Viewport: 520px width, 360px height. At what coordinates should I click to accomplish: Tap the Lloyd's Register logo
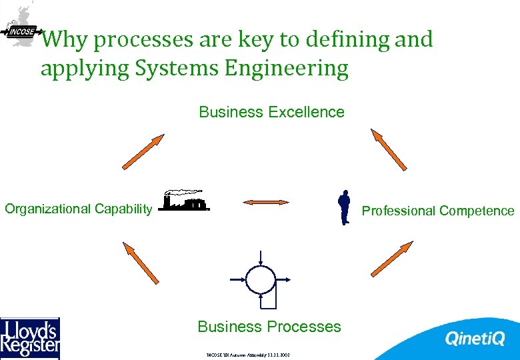click(x=30, y=338)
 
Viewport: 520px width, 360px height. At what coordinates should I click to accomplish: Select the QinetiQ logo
click(x=475, y=339)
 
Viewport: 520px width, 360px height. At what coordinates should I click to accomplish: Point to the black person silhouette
click(x=344, y=207)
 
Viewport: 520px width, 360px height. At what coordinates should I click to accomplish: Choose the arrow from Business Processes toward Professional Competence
click(x=391, y=259)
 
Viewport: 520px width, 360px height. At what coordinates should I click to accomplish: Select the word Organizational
click(x=47, y=209)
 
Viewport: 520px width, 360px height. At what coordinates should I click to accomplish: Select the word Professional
click(x=397, y=211)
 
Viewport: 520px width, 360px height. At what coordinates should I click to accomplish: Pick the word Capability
click(x=123, y=209)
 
